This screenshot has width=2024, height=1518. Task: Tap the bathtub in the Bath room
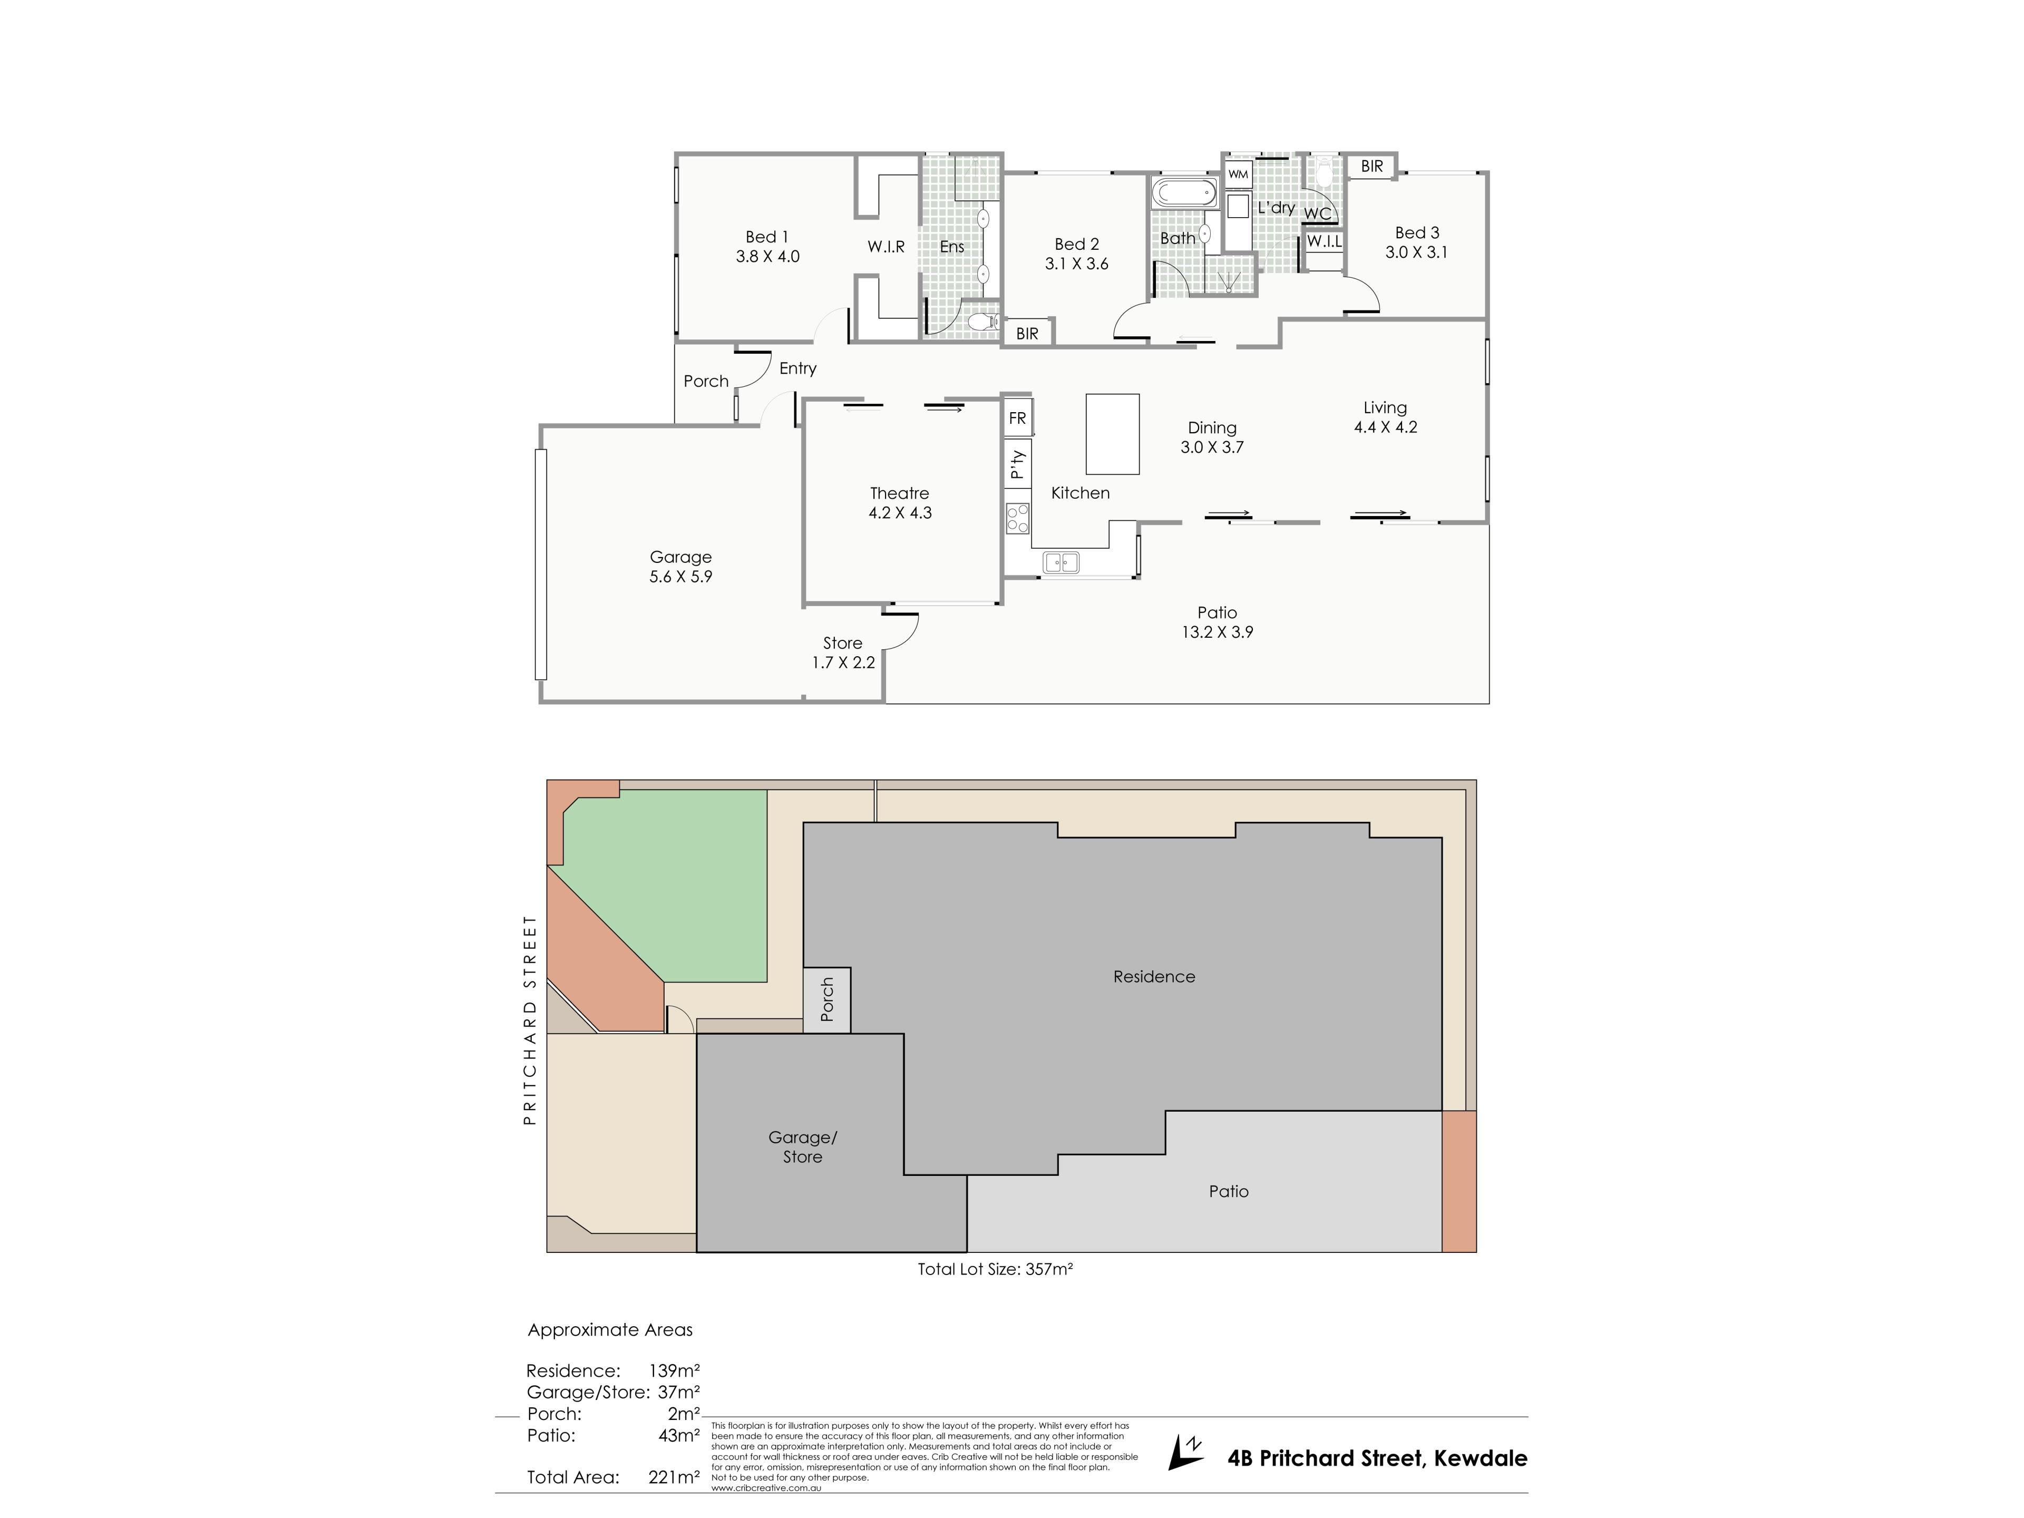coord(1184,193)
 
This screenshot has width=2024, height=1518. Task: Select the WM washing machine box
coord(1238,174)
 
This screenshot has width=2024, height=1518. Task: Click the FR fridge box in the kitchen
coord(1017,418)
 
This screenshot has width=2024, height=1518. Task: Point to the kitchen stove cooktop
coord(1017,519)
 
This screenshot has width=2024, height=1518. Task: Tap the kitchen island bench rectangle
coord(1112,434)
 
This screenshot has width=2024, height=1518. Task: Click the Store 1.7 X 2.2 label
coord(843,653)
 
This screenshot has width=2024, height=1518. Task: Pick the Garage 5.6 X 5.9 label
coord(681,567)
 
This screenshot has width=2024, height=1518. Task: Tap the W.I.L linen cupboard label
coord(1324,241)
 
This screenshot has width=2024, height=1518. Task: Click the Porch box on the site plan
coord(827,1000)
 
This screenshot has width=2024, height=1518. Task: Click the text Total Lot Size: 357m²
coord(995,1269)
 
